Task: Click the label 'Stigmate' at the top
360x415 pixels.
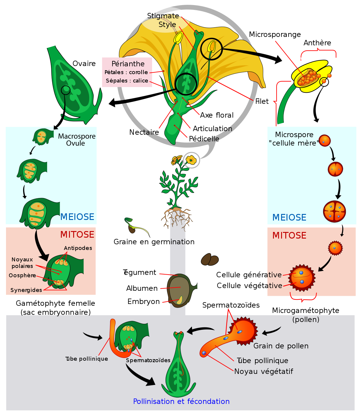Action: tap(163, 16)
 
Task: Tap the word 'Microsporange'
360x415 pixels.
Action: tap(275, 35)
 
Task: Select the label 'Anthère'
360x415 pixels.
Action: tap(317, 43)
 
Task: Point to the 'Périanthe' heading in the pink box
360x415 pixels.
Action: tap(128, 64)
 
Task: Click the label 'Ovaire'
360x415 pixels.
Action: tap(84, 64)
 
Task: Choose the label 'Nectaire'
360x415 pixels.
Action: tap(144, 132)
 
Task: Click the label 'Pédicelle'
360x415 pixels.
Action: tap(204, 139)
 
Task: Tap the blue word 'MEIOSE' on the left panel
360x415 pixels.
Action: tap(77, 217)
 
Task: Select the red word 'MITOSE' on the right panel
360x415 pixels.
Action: tap(289, 235)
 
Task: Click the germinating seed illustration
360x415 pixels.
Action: tap(136, 227)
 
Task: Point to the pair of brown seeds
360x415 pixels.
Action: tap(210, 260)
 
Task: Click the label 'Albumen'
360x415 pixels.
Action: tap(142, 288)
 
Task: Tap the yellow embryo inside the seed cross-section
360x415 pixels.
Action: tap(179, 300)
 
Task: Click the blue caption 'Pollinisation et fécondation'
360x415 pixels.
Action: tap(181, 401)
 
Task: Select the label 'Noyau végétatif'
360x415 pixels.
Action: tap(263, 371)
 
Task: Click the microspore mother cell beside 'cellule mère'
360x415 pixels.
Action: tap(325, 140)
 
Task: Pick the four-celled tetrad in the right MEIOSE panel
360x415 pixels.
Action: tap(334, 212)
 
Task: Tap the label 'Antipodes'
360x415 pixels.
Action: tap(78, 248)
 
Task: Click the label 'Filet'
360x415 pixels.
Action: tap(262, 101)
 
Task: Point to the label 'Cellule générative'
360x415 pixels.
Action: tap(249, 275)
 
